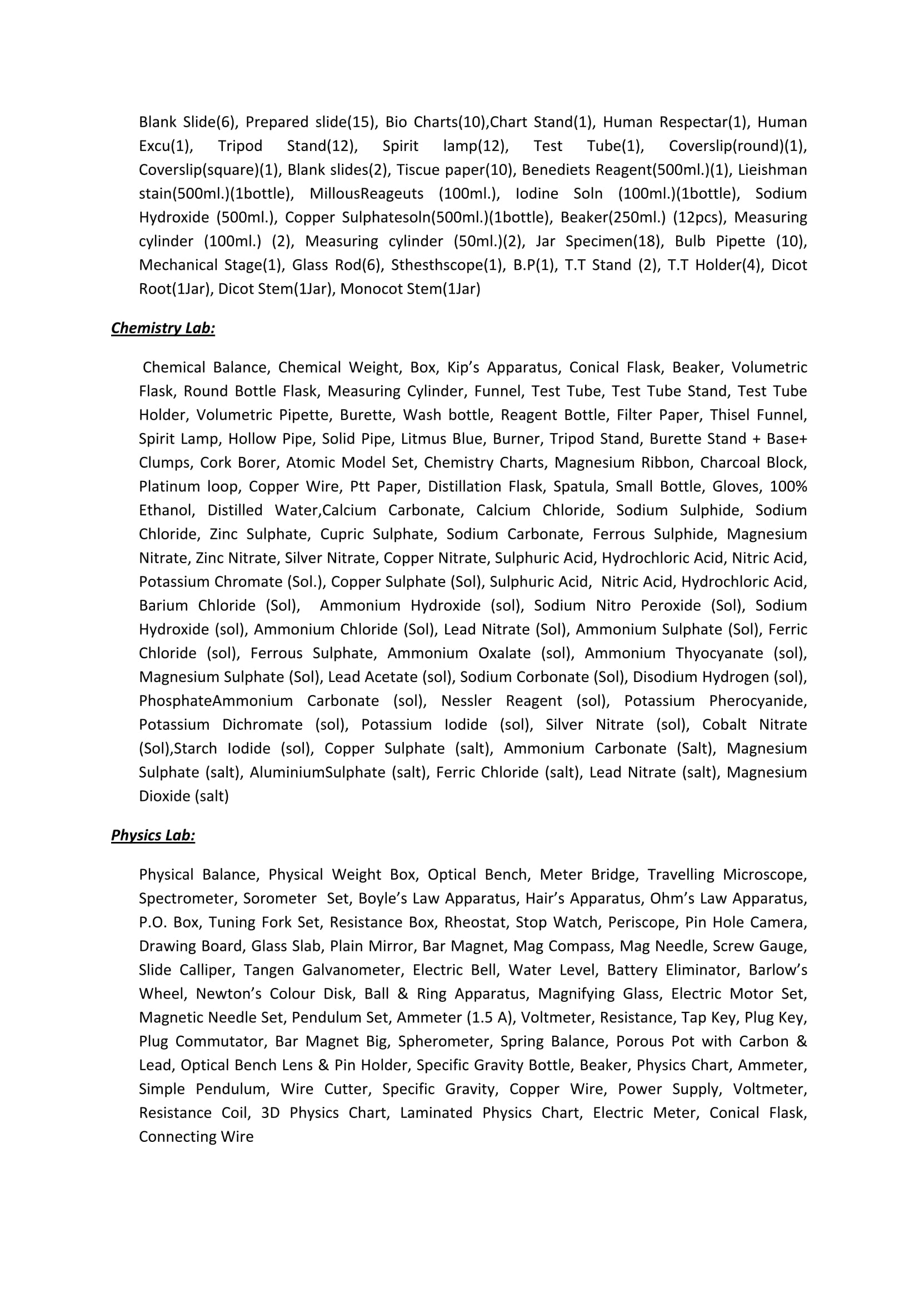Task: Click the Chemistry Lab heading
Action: (x=163, y=328)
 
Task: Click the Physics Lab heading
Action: (x=153, y=835)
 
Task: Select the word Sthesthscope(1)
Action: (x=446, y=265)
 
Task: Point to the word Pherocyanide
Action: (x=758, y=700)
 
